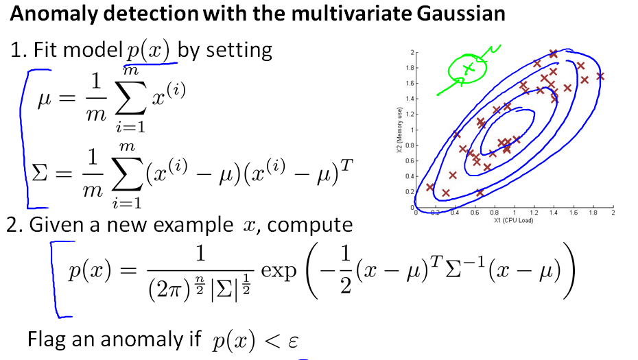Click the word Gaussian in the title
[x=460, y=13]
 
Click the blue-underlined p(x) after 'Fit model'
[x=147, y=51]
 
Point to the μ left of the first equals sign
[x=45, y=99]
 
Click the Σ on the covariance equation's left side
[x=40, y=173]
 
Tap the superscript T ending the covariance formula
[x=346, y=165]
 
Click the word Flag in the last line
[x=46, y=339]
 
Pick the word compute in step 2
[x=309, y=225]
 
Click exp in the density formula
[x=279, y=272]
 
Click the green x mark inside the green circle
[x=469, y=67]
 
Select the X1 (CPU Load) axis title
[x=514, y=221]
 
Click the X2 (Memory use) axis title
[x=399, y=130]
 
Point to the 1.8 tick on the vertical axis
[x=410, y=68]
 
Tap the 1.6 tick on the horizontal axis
[x=574, y=213]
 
